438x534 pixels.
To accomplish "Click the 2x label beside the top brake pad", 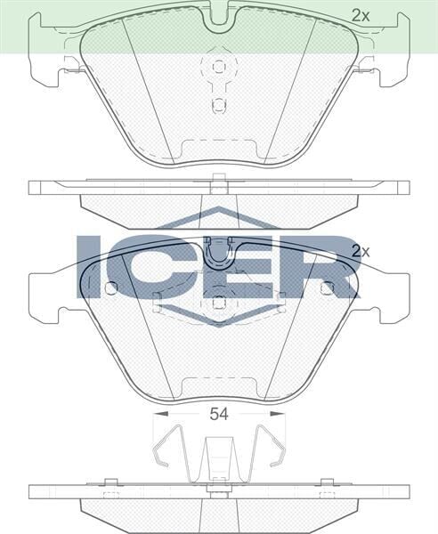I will point(360,14).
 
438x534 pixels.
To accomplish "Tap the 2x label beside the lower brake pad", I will point(360,252).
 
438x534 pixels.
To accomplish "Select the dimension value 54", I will point(219,413).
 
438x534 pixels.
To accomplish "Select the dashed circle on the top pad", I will point(218,67).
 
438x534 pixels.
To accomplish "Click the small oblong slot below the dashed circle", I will point(218,104).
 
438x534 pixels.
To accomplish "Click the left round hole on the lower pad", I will point(110,287).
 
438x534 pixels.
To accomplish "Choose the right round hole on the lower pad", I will point(327,287).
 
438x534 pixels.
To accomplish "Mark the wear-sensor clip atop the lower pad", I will point(218,252).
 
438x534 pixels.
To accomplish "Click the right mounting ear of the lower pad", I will point(393,293).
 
